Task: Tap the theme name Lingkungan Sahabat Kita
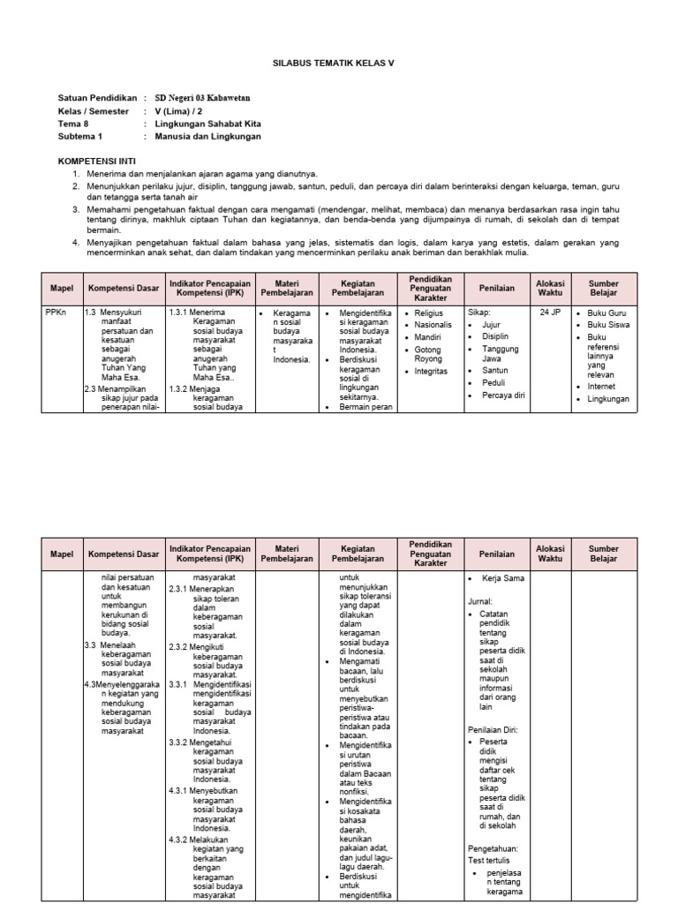(x=207, y=124)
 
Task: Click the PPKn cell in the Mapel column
(x=56, y=313)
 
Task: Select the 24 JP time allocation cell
(x=550, y=313)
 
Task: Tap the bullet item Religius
(x=430, y=313)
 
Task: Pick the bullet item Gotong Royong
(x=429, y=355)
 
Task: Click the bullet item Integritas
(x=432, y=372)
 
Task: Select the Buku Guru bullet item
(x=607, y=313)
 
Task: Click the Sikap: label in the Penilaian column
(x=478, y=313)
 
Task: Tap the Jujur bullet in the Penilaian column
(x=491, y=325)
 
